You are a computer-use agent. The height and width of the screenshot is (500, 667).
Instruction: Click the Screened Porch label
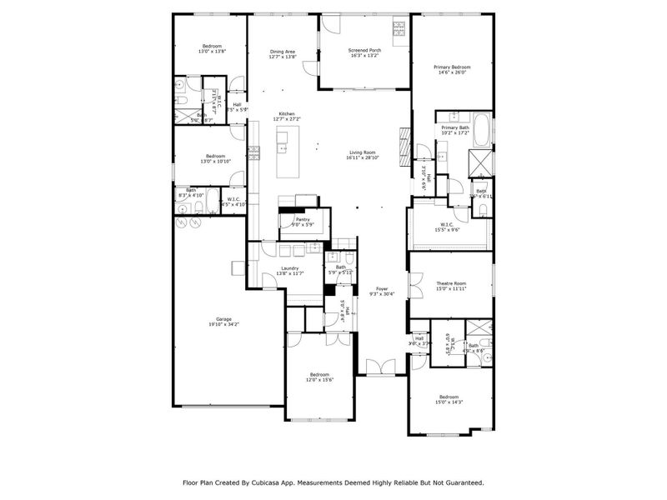coord(364,51)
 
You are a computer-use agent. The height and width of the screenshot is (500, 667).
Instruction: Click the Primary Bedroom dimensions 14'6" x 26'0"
coord(451,72)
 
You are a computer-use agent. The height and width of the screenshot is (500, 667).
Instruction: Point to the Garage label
coord(223,318)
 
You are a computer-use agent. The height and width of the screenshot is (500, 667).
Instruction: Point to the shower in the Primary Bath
coord(480,162)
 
